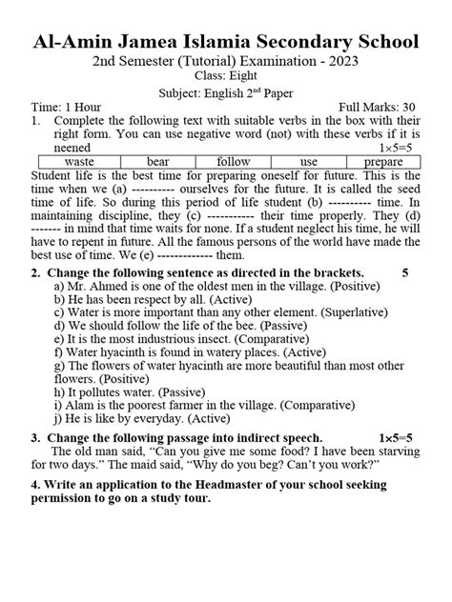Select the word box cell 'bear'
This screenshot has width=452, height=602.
point(157,162)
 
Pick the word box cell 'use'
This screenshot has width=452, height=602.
point(308,162)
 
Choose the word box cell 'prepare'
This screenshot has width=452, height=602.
point(383,162)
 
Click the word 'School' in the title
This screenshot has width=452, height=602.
point(375,41)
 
